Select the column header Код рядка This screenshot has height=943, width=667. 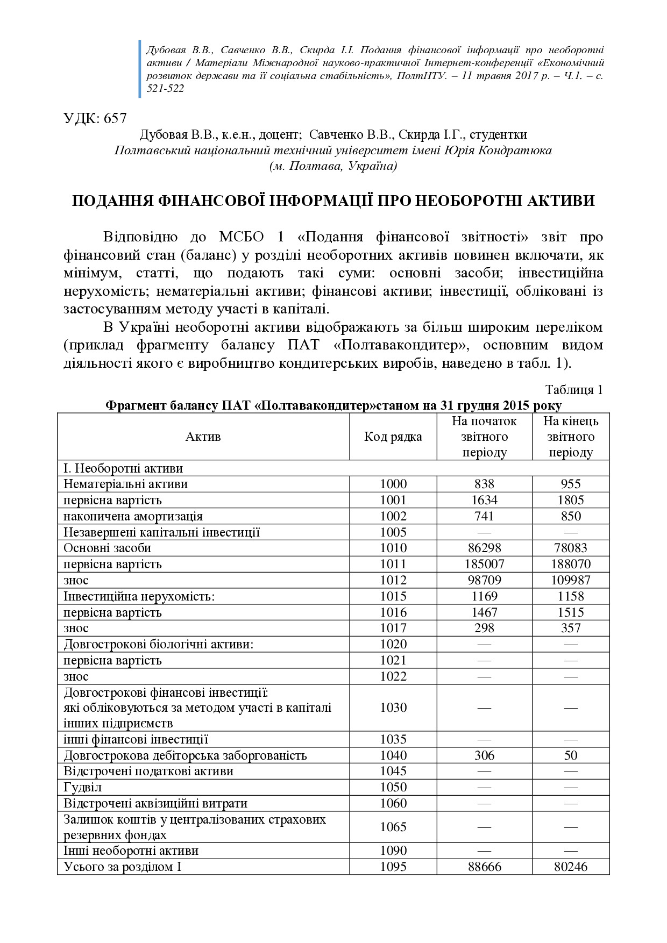pyautogui.click(x=393, y=437)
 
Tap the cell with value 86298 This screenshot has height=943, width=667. pyautogui.click(x=484, y=548)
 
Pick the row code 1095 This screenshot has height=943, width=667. pyautogui.click(x=393, y=867)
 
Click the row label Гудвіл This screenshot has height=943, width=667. pyautogui.click(x=82, y=787)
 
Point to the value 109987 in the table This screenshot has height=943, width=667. pyautogui.click(x=571, y=580)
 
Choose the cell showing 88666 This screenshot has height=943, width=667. pyautogui.click(x=484, y=867)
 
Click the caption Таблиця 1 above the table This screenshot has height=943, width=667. pyautogui.click(x=574, y=390)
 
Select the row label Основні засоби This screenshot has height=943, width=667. pyautogui.click(x=107, y=548)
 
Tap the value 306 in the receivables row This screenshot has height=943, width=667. pyautogui.click(x=484, y=755)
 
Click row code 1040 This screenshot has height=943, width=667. pyautogui.click(x=393, y=755)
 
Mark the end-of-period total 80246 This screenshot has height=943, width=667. pyautogui.click(x=571, y=867)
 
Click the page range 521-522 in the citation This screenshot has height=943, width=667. pyautogui.click(x=165, y=89)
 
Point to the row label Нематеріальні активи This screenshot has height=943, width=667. pyautogui.click(x=125, y=484)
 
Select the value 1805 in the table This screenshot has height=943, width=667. pyautogui.click(x=571, y=500)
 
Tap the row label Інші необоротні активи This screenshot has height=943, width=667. pyautogui.click(x=131, y=851)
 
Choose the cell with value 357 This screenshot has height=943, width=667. pyautogui.click(x=571, y=628)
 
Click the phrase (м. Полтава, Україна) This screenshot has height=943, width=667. pyautogui.click(x=333, y=166)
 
